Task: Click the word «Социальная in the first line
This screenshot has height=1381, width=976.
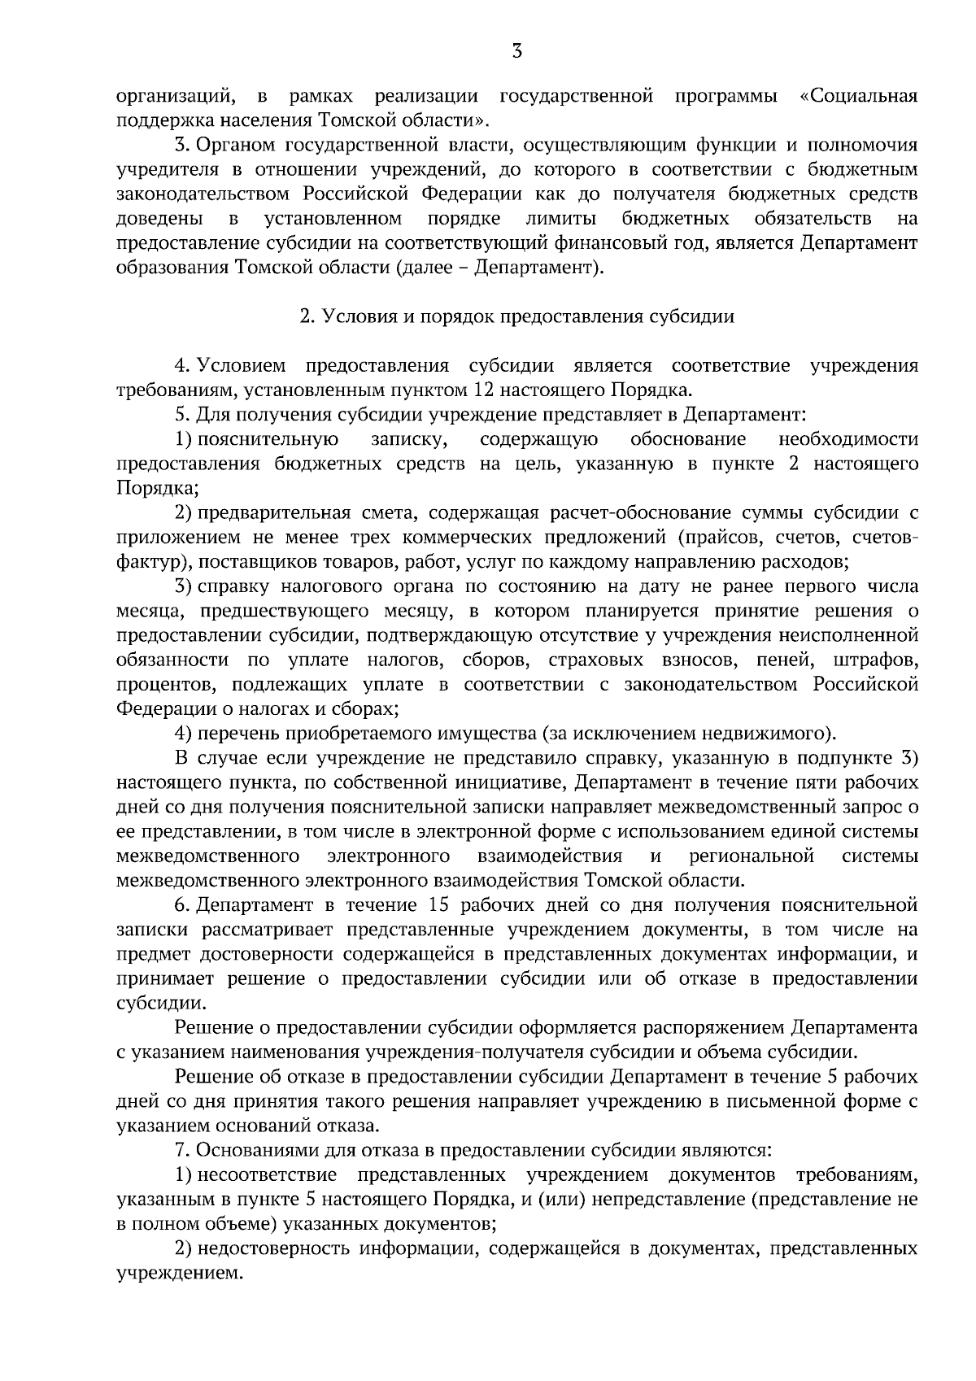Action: tap(859, 97)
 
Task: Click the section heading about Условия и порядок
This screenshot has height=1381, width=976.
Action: tap(516, 316)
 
